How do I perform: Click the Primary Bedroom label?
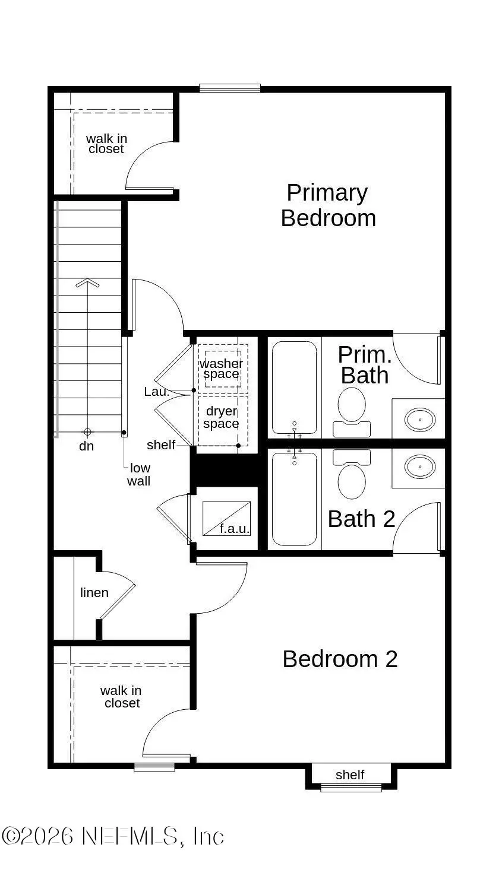(x=328, y=205)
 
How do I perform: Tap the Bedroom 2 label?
(x=340, y=659)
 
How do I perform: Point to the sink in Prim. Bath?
(x=419, y=420)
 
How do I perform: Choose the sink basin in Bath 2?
(x=419, y=466)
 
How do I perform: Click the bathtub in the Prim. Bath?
(x=294, y=387)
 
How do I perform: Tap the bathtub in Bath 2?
(x=294, y=499)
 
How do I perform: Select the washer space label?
(x=221, y=369)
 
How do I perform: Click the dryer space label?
(x=221, y=417)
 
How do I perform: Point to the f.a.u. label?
(x=235, y=528)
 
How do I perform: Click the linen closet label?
(x=94, y=592)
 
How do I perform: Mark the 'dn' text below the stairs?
(x=87, y=446)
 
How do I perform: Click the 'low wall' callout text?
(x=139, y=475)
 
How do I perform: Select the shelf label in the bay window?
(x=350, y=775)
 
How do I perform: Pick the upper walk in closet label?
(x=106, y=144)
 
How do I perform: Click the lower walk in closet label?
(x=121, y=697)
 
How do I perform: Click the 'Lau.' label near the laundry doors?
(x=156, y=392)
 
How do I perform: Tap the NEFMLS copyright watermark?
(x=113, y=836)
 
